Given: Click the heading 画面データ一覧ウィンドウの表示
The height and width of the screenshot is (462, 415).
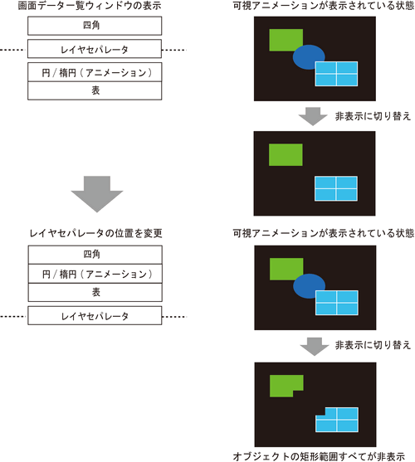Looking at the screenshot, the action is click(90, 6).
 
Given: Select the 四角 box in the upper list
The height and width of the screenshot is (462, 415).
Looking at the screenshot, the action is click(95, 26).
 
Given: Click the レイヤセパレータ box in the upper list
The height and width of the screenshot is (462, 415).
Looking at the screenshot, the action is click(95, 49).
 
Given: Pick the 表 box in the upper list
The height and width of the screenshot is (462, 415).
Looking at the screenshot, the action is click(95, 90).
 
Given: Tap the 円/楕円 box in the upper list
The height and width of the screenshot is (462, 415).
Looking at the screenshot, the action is click(95, 72).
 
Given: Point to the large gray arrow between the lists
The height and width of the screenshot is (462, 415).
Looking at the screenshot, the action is click(97, 194).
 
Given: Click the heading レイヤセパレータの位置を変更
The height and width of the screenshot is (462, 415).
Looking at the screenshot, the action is click(95, 233).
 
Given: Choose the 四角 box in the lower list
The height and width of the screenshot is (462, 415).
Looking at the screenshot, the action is click(95, 255).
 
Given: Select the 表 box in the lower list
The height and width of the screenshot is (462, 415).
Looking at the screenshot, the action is click(95, 292).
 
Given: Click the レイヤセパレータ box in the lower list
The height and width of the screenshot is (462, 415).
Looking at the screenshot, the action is click(95, 315).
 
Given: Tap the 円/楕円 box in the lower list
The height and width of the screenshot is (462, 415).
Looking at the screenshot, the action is click(95, 274).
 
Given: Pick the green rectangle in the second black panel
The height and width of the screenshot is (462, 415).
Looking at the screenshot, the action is click(286, 154).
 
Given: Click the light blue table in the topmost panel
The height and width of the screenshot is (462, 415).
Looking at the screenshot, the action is click(336, 74).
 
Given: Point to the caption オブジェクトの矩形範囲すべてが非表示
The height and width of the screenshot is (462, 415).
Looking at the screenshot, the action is click(319, 456).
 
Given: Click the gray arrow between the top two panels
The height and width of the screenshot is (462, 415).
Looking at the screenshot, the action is click(313, 116).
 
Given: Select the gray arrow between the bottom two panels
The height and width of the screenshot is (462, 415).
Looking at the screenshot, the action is click(315, 346).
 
